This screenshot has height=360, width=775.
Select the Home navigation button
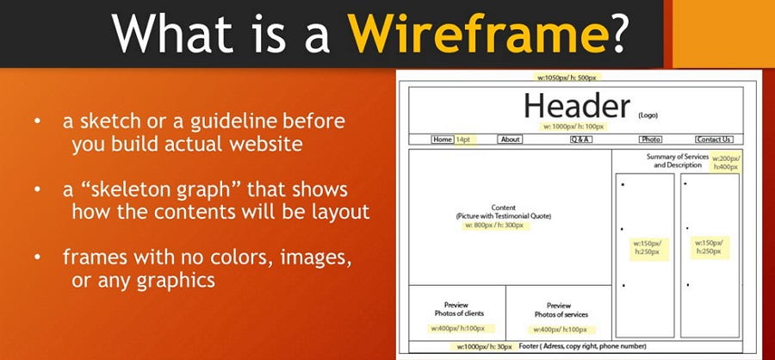(x=443, y=140)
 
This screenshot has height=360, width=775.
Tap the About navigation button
(x=510, y=140)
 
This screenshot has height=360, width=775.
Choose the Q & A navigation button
(x=580, y=140)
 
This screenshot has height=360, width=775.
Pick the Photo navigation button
(x=650, y=140)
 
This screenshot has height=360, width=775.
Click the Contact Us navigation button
(x=714, y=140)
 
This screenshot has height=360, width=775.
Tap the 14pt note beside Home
(x=463, y=140)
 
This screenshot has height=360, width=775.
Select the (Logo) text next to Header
(x=648, y=115)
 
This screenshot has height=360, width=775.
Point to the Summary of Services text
(x=677, y=157)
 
